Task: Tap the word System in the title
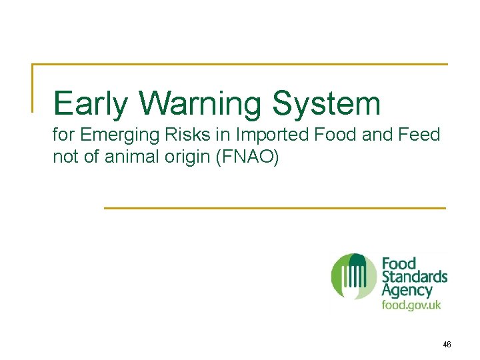click(x=326, y=104)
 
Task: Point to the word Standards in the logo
click(x=414, y=277)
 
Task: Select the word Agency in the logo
click(x=407, y=291)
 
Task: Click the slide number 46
click(x=446, y=345)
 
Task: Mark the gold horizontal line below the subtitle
click(x=275, y=208)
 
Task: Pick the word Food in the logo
click(x=399, y=263)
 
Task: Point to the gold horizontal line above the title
click(x=240, y=65)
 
